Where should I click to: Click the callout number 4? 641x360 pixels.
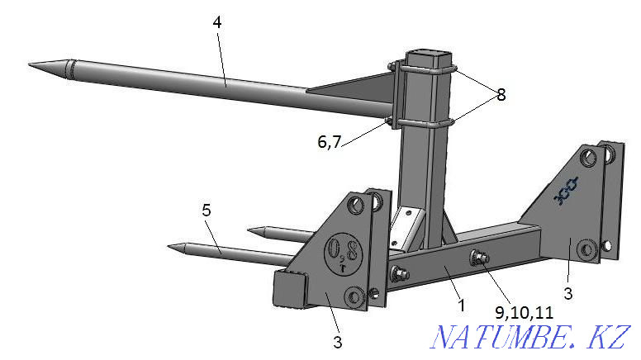tap(216, 22)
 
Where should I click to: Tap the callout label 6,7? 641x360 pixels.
tap(328, 143)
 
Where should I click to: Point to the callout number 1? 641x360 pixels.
tap(461, 305)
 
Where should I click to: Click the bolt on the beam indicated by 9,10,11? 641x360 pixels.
tap(478, 258)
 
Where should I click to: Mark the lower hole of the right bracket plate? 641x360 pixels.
tap(588, 249)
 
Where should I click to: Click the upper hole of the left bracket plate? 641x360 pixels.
tap(354, 204)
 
